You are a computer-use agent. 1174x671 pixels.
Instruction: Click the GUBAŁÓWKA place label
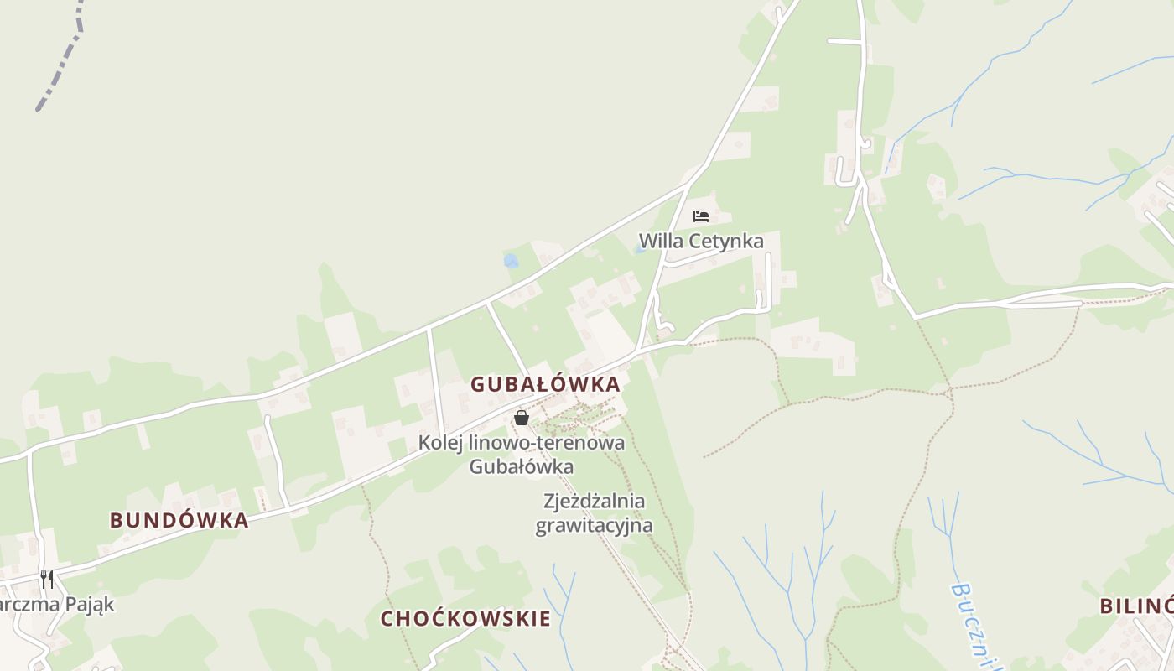pyautogui.click(x=545, y=385)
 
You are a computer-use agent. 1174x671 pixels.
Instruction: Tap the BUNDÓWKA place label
pyautogui.click(x=179, y=520)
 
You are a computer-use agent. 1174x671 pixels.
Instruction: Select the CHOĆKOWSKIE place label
pyautogui.click(x=466, y=619)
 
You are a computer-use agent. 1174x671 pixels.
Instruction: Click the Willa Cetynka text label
pyautogui.click(x=701, y=242)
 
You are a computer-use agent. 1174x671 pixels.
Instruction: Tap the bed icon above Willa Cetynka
pyautogui.click(x=701, y=216)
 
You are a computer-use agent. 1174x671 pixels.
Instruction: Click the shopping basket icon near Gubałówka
pyautogui.click(x=522, y=417)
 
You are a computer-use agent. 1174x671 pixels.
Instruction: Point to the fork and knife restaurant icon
pyautogui.click(x=47, y=579)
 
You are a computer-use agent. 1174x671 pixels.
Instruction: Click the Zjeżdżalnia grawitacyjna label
pyautogui.click(x=594, y=513)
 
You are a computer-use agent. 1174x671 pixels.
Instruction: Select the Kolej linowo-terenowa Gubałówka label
pyautogui.click(x=522, y=454)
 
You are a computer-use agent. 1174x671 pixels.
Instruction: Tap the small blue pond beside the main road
pyautogui.click(x=511, y=261)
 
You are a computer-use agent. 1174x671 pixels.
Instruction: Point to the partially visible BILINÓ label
pyautogui.click(x=1136, y=606)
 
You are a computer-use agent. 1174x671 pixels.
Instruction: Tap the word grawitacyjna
pyautogui.click(x=594, y=526)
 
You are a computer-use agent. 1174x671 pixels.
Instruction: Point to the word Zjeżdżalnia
pyautogui.click(x=595, y=502)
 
